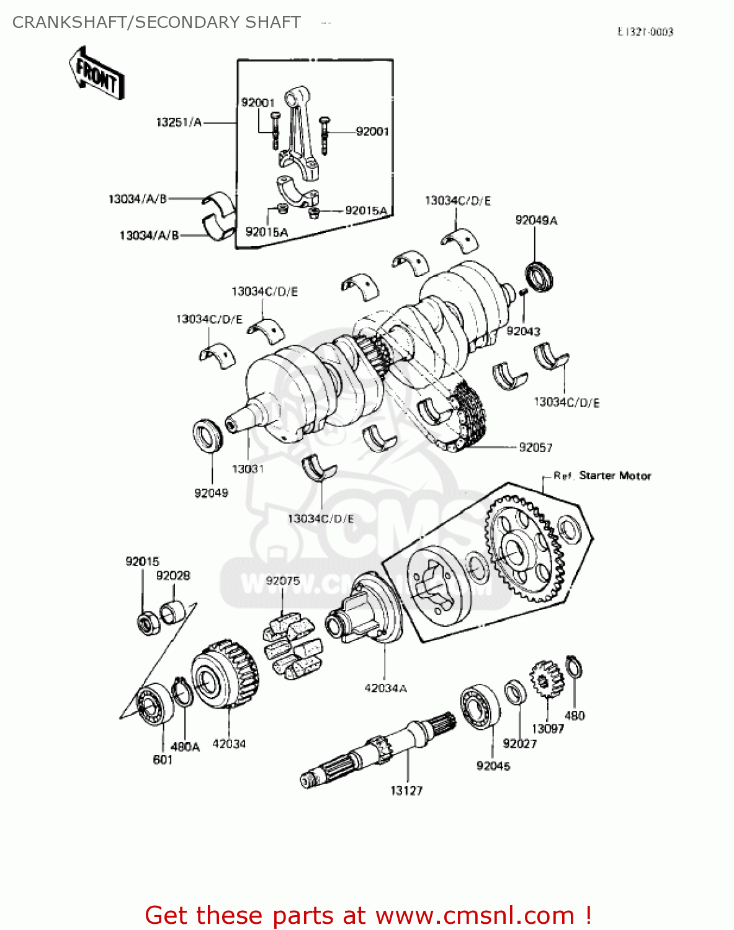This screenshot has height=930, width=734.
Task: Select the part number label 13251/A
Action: (179, 122)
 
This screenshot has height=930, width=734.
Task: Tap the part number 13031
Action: (248, 469)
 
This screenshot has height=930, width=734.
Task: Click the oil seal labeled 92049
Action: (208, 436)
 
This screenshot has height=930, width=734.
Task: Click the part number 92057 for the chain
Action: (535, 447)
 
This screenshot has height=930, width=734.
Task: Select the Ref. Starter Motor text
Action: (602, 476)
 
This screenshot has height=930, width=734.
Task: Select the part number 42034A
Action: (385, 688)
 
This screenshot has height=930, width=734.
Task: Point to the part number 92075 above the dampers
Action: (282, 580)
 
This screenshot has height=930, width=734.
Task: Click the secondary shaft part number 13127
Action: (406, 790)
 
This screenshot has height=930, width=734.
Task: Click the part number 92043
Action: (523, 331)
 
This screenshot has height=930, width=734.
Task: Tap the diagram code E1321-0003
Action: (645, 32)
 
